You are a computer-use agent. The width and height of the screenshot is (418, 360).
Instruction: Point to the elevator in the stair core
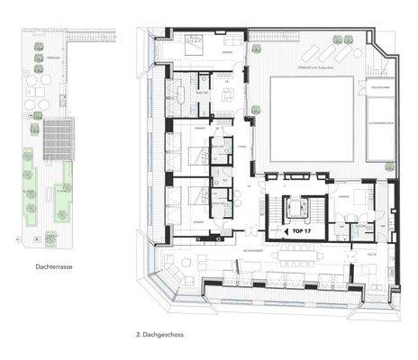click(x=295, y=210)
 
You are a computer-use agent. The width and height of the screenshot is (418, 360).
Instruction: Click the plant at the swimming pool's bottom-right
click(x=390, y=167)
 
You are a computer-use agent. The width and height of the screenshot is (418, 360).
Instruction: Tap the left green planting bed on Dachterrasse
click(x=29, y=184)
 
